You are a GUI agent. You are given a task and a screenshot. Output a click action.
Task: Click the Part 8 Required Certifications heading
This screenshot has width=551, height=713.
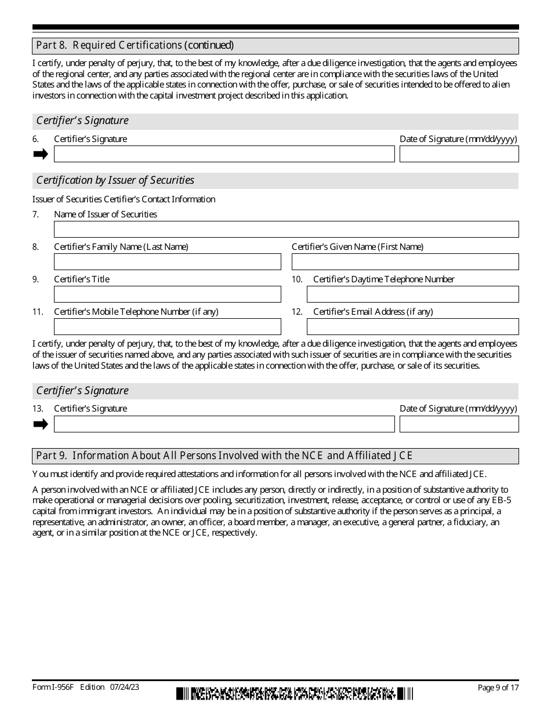click(x=135, y=45)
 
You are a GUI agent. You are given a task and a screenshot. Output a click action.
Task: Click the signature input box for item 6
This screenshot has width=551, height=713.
click(x=224, y=154)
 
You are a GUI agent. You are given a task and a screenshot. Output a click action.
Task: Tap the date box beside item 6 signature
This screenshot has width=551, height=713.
click(x=459, y=154)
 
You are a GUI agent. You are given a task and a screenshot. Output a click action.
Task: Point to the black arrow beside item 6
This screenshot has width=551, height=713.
click(x=41, y=154)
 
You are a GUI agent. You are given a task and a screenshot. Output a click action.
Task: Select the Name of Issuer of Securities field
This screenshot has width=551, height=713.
click(x=286, y=229)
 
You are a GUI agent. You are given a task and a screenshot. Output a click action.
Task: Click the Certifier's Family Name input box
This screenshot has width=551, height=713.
click(x=167, y=261)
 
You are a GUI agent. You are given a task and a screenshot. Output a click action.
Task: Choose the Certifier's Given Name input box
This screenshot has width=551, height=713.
click(x=405, y=261)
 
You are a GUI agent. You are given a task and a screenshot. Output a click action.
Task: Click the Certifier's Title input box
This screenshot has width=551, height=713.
click(x=167, y=294)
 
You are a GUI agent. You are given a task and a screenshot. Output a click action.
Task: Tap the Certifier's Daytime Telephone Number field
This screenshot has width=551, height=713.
click(x=412, y=294)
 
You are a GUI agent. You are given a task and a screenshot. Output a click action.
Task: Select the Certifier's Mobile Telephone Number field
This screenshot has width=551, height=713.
click(x=167, y=326)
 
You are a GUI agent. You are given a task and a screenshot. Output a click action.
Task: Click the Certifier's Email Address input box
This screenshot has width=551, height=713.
click(x=412, y=326)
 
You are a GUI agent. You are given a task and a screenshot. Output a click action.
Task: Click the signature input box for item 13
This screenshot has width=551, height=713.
click(x=224, y=424)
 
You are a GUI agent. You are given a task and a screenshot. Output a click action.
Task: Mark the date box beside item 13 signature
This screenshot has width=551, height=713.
click(x=459, y=424)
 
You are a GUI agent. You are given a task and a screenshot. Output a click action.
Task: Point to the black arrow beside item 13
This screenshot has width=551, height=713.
click(x=41, y=424)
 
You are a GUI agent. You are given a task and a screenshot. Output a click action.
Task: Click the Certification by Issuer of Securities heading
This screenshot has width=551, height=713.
click(x=115, y=180)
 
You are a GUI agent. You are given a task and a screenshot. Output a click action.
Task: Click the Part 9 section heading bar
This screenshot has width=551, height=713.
click(x=275, y=456)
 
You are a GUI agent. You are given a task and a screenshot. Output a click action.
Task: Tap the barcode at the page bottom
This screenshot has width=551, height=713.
click(x=295, y=693)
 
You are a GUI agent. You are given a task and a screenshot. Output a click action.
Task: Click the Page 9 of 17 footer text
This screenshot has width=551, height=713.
click(x=498, y=687)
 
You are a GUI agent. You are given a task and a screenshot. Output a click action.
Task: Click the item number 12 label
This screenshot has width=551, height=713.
click(x=297, y=312)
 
